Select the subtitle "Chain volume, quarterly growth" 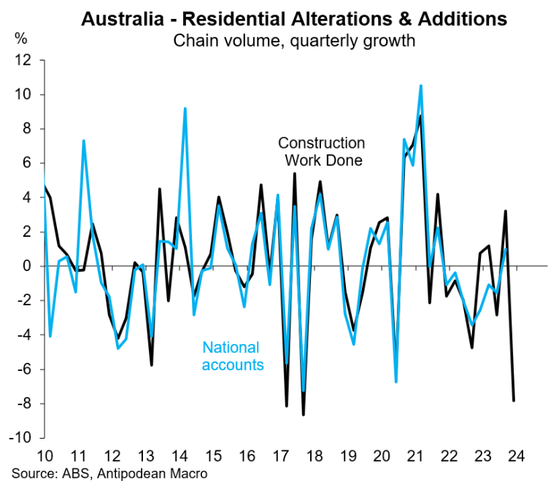[x=294, y=40]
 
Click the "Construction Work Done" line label [x=321, y=152]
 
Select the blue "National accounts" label [x=233, y=356]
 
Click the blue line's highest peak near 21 [x=421, y=86]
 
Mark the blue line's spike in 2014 [x=185, y=109]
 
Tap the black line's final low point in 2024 [x=514, y=400]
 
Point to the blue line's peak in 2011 [x=84, y=141]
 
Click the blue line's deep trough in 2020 [x=396, y=381]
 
